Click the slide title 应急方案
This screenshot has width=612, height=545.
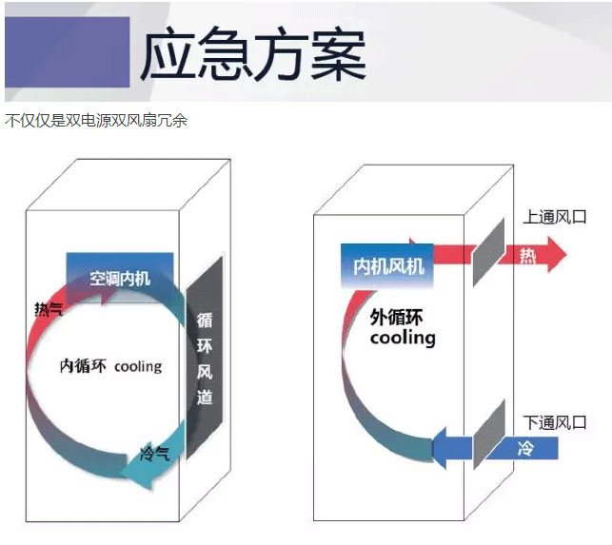[x=253, y=54]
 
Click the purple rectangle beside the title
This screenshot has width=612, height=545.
[x=68, y=52]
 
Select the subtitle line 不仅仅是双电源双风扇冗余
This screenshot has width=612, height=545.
[x=96, y=121]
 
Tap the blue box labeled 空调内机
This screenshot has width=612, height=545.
[x=120, y=278]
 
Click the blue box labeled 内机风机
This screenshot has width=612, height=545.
[x=387, y=266]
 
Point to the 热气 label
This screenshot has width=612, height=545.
[x=49, y=309]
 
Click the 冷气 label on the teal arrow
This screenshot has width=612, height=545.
[x=154, y=454]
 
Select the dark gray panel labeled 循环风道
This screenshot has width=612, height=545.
[x=205, y=358]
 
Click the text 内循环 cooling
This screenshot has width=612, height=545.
[x=110, y=366]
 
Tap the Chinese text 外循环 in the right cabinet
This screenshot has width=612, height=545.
[x=396, y=317]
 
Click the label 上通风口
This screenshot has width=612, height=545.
[x=555, y=217]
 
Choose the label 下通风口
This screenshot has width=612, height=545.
[x=555, y=422]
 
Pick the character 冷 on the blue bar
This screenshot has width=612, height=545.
[x=525, y=448]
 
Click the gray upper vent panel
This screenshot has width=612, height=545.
[x=488, y=252]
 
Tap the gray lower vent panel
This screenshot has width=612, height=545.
[x=489, y=435]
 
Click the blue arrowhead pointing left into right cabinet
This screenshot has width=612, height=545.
[x=440, y=448]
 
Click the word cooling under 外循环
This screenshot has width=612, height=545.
[x=403, y=338]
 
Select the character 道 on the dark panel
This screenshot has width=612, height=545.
[x=205, y=397]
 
